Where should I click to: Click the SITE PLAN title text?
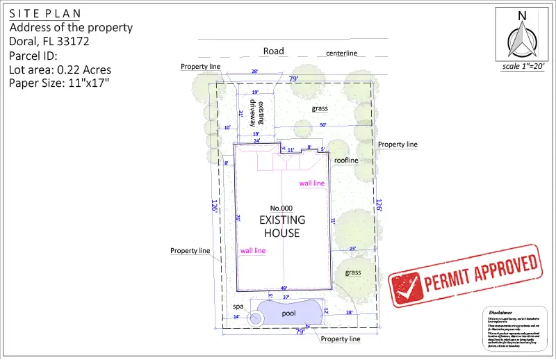[x=44, y=13]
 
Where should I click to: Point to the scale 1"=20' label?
[x=524, y=67]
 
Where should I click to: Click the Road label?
[x=273, y=51]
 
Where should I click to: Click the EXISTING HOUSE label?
[x=279, y=226]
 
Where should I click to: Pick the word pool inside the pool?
[x=289, y=313]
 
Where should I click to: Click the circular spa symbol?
[x=256, y=319]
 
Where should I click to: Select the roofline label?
[x=345, y=160]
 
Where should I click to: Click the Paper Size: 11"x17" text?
[x=58, y=83]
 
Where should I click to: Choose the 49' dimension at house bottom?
[x=284, y=288]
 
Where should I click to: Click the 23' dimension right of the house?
[x=352, y=248]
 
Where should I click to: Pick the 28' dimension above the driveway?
[x=254, y=72]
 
